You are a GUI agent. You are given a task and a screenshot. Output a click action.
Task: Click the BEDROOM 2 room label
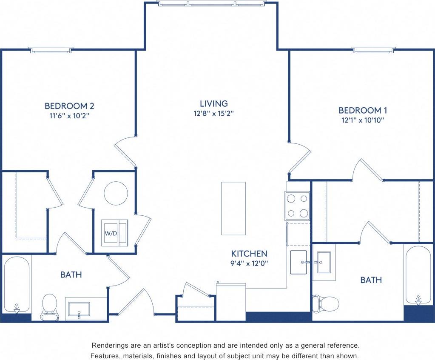pos(69,106)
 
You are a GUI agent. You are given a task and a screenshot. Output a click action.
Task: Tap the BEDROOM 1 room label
pos(363,110)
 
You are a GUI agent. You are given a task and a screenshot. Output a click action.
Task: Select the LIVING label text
pos(214,103)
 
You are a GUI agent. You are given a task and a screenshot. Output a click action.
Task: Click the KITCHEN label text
pos(249,253)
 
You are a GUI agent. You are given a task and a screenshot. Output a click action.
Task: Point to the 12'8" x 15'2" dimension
pos(214,114)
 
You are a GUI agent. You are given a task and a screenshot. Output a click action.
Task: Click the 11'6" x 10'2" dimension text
pos(69,115)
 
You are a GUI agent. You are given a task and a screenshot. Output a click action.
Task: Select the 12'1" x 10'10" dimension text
pos(363,120)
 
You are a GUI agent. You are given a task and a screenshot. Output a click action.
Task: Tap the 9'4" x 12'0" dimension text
pos(249,263)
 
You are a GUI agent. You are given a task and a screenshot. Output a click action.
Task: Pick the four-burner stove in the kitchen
pos(297,206)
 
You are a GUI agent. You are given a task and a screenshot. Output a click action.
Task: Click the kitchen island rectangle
pos(233,208)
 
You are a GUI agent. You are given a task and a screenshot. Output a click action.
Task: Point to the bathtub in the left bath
pos(17,284)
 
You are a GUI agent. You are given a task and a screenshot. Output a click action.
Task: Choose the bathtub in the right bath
pos(418,275)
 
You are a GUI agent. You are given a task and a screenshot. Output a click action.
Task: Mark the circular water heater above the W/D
pos(116,193)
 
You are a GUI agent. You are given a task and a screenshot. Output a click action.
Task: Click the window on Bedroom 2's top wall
pos(51,50)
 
